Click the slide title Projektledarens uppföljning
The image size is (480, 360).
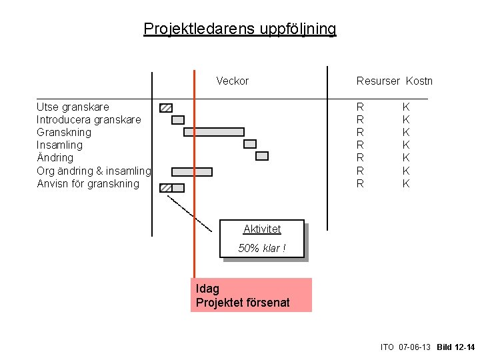[240, 29]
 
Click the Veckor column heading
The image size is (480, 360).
[232, 81]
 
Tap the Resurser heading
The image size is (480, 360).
[378, 81]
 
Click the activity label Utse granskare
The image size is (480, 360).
[73, 107]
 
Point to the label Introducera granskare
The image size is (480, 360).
[89, 120]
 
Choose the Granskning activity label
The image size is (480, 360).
[64, 133]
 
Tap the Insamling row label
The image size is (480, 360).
[60, 145]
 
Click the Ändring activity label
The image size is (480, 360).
[55, 158]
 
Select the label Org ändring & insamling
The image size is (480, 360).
[94, 171]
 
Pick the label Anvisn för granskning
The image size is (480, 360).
[88, 184]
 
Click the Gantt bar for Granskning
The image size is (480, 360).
[213, 132]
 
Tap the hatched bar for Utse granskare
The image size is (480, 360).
[166, 107]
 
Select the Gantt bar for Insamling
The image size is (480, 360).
[250, 144]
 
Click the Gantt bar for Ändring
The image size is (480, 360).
[262, 156]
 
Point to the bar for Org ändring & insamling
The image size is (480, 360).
[192, 172]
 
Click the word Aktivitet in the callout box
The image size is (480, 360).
[262, 229]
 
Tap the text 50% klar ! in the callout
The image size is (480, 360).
[262, 249]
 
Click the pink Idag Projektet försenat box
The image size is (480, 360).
[251, 295]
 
